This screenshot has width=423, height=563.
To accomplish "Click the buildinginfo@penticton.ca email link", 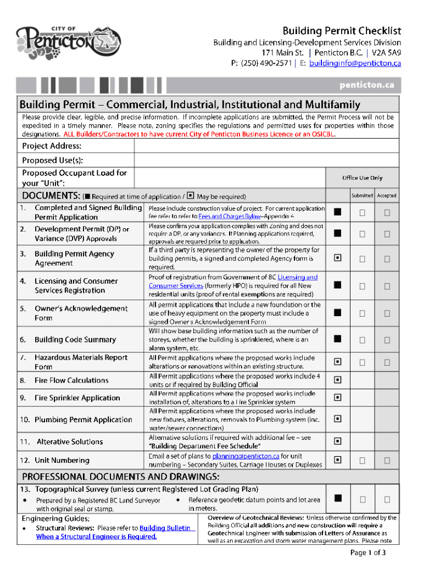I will pyautogui.click(x=355, y=63).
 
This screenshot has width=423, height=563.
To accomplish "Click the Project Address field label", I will pyautogui.click(x=52, y=146).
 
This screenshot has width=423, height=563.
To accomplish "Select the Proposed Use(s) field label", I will pyautogui.click(x=52, y=159).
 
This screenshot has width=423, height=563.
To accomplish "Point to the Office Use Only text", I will pyautogui.click(x=362, y=178).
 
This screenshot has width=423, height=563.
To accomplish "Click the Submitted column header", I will pyautogui.click(x=362, y=196).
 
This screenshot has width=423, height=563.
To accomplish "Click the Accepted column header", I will pyautogui.click(x=387, y=196).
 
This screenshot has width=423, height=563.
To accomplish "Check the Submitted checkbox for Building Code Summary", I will pyautogui.click(x=362, y=340).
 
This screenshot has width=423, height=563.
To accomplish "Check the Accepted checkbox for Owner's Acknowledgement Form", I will pyautogui.click(x=387, y=313).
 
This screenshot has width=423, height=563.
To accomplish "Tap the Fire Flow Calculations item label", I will pyautogui.click(x=71, y=380).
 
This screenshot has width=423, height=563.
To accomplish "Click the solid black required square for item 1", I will pyautogui.click(x=337, y=212).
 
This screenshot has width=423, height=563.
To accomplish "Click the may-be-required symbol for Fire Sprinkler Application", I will pyautogui.click(x=337, y=398).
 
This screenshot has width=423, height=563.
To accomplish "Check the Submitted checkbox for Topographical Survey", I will pyautogui.click(x=362, y=499).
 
